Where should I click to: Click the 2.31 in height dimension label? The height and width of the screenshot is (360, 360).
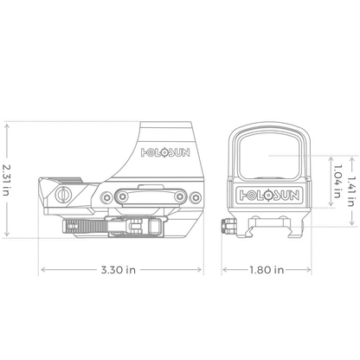tap(6, 180)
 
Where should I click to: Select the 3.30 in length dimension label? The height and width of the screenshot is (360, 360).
tap(119, 270)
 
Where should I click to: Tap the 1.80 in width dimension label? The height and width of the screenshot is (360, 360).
tap(267, 270)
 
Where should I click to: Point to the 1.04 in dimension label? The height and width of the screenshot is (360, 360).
tap(337, 182)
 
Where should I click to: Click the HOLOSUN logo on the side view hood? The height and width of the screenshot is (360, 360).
tap(165, 152)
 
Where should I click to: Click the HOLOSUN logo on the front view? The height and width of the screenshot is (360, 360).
tap(269, 196)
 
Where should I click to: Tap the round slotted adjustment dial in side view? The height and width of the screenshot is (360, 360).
tap(63, 195)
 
